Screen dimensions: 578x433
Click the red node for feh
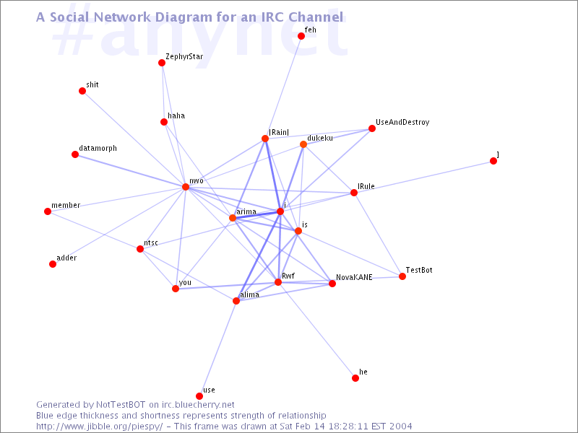(301, 36)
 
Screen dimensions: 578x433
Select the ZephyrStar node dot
(162, 63)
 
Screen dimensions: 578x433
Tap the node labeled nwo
(186, 187)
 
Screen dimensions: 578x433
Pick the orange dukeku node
(303, 144)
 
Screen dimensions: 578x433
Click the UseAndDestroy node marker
(372, 128)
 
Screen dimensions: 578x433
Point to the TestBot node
(402, 276)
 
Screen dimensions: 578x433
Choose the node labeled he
(355, 378)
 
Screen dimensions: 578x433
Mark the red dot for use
(199, 396)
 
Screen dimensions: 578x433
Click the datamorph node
(75, 154)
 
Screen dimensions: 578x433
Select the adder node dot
(53, 264)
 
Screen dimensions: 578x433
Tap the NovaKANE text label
(354, 277)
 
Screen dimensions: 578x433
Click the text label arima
(246, 211)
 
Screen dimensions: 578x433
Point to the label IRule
(366, 186)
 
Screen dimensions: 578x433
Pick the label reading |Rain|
(279, 132)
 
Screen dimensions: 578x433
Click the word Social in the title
(69, 17)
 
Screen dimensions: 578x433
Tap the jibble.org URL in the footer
(99, 427)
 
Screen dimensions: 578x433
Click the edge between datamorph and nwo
(131, 171)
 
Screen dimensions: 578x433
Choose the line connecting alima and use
(218, 349)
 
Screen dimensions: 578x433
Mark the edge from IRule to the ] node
(423, 177)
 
